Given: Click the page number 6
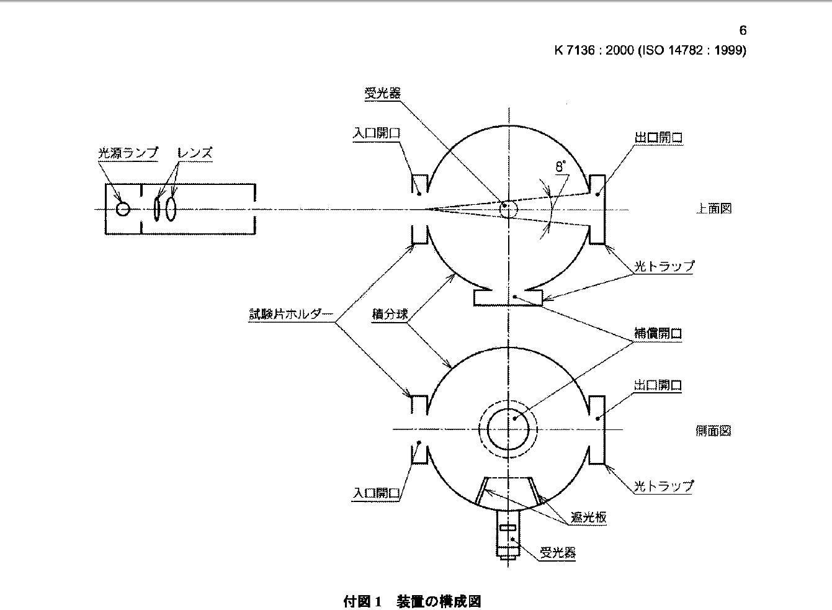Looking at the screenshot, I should (743, 30).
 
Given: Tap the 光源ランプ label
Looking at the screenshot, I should (128, 153).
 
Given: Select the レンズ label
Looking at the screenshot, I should (195, 153).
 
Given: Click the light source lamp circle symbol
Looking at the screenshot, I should (123, 209).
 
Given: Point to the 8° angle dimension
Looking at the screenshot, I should (561, 166).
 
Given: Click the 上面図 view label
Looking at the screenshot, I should (713, 209).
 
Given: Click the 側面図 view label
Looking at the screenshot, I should (713, 430).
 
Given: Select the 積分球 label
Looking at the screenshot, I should (390, 315).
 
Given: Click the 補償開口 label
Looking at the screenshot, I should (658, 333).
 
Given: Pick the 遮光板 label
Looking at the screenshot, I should (589, 517).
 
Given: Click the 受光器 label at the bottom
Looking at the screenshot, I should (558, 552).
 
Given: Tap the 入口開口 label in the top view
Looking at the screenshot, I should (377, 133).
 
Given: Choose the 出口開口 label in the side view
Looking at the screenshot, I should (658, 385).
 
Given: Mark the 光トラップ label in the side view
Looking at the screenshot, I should (663, 486).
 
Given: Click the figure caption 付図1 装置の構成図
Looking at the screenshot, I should (412, 601).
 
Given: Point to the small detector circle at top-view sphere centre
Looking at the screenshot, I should (508, 209).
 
